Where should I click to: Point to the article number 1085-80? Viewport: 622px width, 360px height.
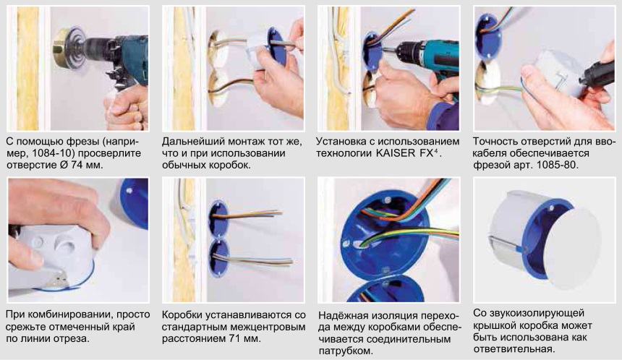(x=558, y=165)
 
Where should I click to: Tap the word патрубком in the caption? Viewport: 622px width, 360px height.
(x=346, y=351)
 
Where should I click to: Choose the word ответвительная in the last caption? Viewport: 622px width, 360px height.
(x=514, y=349)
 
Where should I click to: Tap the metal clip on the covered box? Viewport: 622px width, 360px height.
(x=506, y=242)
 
